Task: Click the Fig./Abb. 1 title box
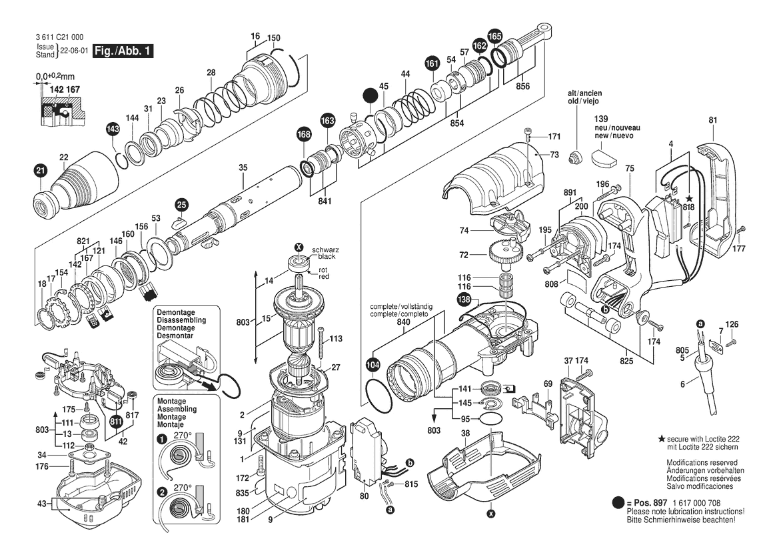[x=122, y=51]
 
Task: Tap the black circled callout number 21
[x=40, y=171]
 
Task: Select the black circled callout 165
[x=495, y=36]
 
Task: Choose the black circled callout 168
[x=304, y=135]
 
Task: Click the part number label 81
[x=712, y=120]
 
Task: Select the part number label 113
[x=336, y=339]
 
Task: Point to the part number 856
[x=522, y=87]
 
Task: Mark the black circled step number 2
[x=161, y=492]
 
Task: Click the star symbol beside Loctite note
[x=662, y=438]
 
